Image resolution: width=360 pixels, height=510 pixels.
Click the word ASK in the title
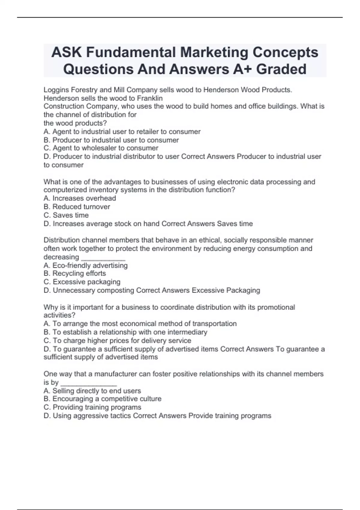(67, 52)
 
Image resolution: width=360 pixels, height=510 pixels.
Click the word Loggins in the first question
(56, 90)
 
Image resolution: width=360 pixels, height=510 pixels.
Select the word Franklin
(150, 98)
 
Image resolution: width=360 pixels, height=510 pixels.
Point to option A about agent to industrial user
(122, 132)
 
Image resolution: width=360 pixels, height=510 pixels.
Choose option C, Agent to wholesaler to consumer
(101, 148)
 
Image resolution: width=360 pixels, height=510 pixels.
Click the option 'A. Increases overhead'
(79, 198)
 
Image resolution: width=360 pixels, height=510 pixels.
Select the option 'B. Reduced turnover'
(77, 207)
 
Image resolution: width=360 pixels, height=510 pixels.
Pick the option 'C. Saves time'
(66, 215)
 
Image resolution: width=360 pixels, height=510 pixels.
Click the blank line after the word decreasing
(103, 258)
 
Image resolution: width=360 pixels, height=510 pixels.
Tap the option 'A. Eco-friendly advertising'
(85, 265)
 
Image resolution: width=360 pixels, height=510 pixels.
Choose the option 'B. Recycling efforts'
(75, 273)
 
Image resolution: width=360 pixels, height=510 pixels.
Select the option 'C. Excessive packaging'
(82, 282)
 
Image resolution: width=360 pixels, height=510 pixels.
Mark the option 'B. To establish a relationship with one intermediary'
(125, 332)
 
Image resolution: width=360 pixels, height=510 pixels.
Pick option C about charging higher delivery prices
(117, 340)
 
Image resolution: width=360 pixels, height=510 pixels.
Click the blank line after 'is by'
(88, 383)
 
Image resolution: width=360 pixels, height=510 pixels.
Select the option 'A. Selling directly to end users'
(92, 391)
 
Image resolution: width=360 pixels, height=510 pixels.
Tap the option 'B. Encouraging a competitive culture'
(102, 399)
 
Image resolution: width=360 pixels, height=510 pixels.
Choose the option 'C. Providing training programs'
(92, 407)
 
